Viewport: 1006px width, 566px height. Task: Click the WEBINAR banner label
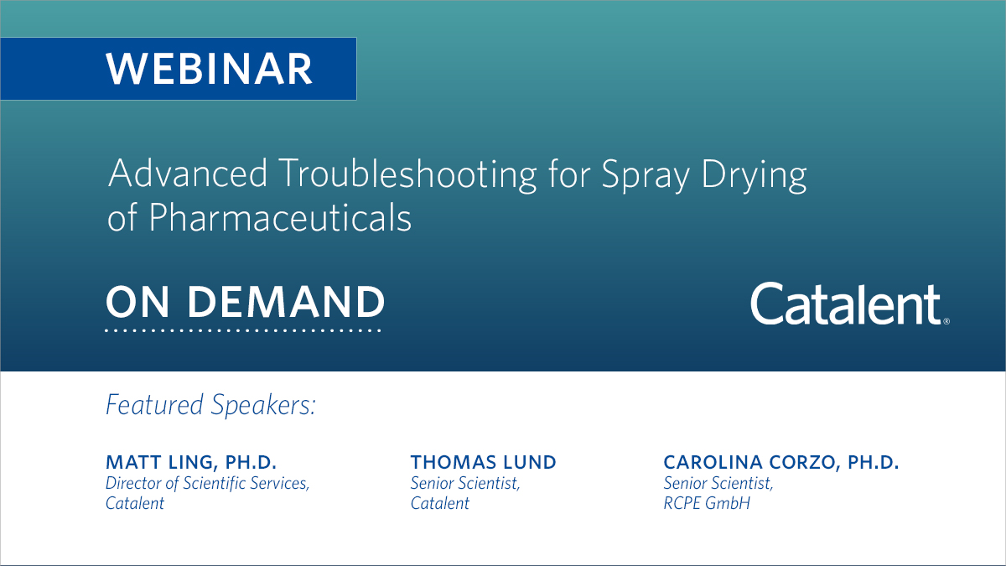[209, 69]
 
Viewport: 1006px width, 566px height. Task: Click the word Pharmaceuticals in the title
[280, 218]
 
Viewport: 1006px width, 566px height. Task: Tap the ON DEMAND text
[245, 302]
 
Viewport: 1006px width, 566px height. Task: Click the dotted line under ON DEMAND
[243, 330]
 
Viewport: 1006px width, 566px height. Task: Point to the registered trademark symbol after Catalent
[946, 321]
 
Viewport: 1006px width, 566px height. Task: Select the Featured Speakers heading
[210, 405]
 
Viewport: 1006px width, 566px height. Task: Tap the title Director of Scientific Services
[207, 483]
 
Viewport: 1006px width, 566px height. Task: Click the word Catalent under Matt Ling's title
[135, 503]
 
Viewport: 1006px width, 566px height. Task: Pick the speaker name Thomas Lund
[483, 462]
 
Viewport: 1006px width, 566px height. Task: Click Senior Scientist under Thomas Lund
[465, 483]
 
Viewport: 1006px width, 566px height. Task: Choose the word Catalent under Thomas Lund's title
[440, 503]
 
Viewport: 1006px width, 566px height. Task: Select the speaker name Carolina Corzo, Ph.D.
[780, 462]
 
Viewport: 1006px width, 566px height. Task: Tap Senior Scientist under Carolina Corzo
[718, 483]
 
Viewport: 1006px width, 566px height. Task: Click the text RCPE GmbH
[707, 503]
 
